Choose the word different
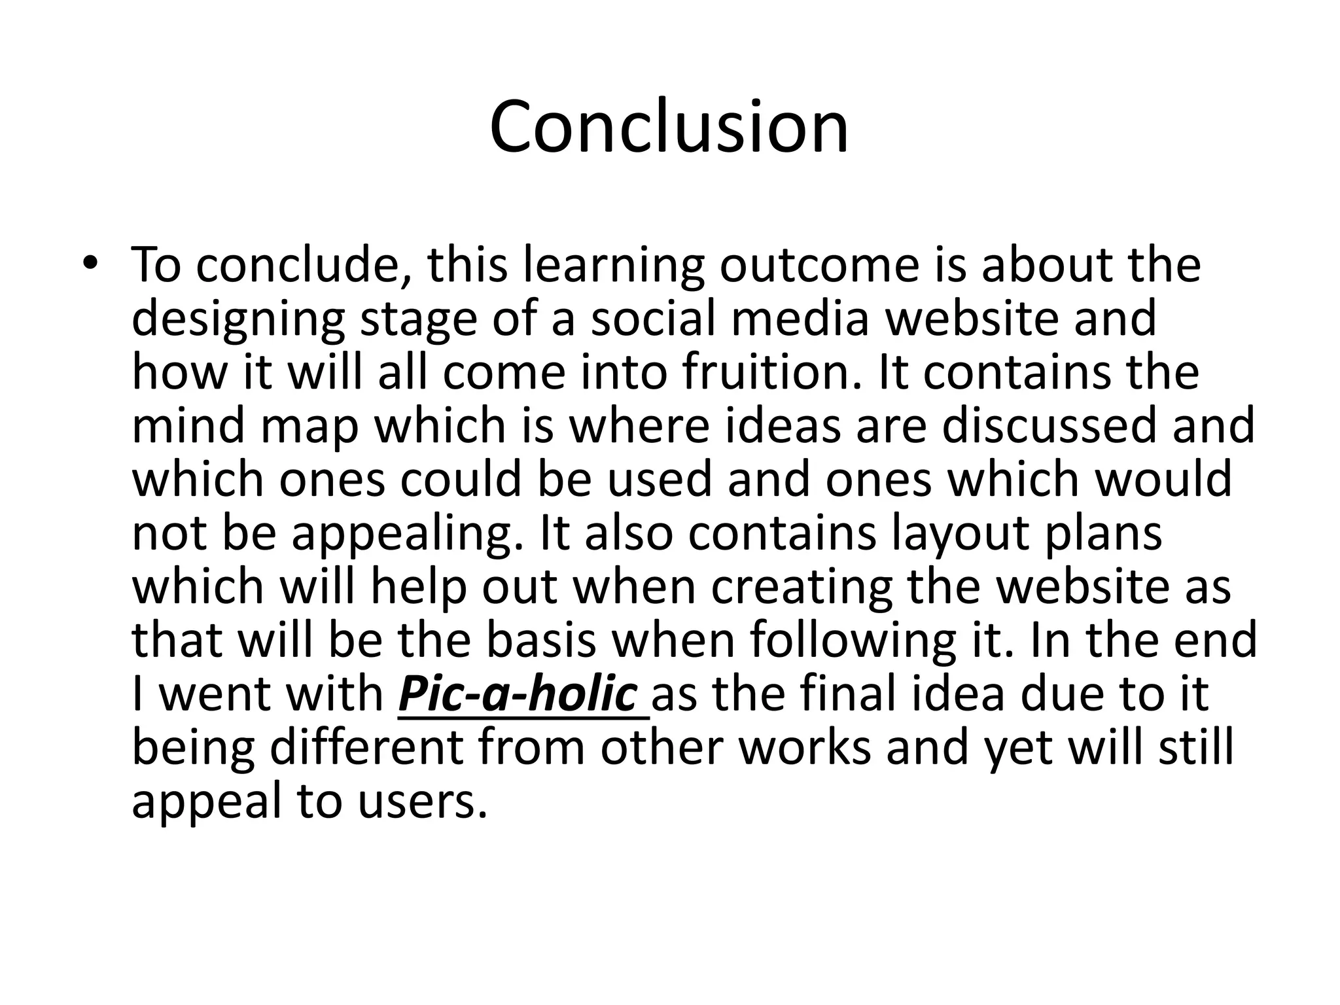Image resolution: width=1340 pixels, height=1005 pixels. coord(366,748)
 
